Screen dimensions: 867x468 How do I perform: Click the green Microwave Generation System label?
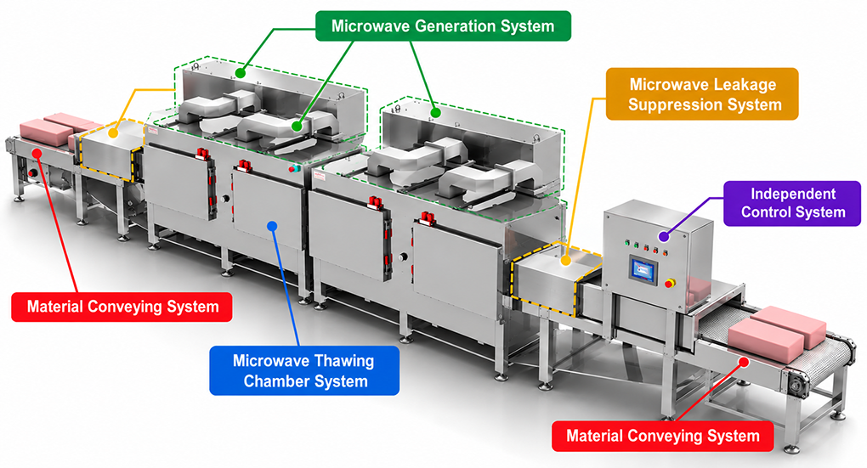click(443, 26)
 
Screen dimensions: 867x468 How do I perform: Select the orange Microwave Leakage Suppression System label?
click(702, 94)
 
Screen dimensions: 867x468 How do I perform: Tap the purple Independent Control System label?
click(792, 203)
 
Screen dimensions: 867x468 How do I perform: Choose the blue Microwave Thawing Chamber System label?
click(304, 371)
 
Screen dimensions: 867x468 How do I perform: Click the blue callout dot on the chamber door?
click(271, 225)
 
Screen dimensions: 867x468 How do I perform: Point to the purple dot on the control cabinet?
click(664, 236)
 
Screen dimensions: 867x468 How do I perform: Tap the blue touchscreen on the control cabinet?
click(642, 271)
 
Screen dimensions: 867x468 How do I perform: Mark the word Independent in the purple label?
click(793, 194)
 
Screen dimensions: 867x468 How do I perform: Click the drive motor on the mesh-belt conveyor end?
click(796, 385)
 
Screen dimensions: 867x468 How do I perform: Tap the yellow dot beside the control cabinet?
click(565, 260)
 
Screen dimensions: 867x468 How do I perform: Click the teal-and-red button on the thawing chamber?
click(294, 168)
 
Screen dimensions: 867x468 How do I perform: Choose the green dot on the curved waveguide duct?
click(297, 127)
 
